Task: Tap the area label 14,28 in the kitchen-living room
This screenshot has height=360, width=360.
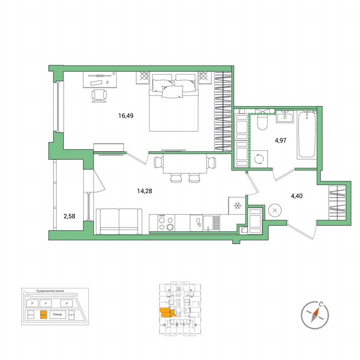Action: point(144,191)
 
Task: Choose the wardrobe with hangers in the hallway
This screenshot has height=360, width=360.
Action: point(338,202)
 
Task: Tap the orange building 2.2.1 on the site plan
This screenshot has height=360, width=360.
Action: point(43,315)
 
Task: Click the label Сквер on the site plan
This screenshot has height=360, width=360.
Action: point(57,315)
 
